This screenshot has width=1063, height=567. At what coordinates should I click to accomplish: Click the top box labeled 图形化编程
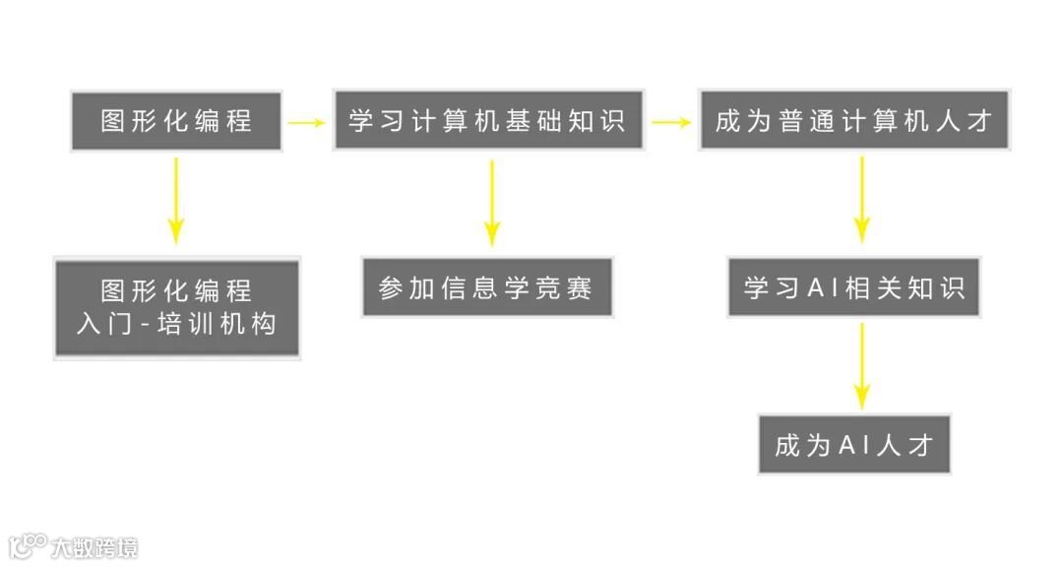177,121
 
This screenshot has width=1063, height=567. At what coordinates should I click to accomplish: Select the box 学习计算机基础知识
487,121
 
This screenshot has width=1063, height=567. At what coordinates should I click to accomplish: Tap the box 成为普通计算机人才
854,121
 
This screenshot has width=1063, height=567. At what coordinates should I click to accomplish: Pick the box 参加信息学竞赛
487,287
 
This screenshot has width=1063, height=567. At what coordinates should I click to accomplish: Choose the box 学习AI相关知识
854,287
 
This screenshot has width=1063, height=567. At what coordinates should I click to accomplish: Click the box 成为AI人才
854,444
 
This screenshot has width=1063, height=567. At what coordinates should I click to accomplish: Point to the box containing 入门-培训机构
177,308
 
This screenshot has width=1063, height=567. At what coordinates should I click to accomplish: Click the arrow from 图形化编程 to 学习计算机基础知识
306,122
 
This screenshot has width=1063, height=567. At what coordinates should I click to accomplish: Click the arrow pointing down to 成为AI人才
862,365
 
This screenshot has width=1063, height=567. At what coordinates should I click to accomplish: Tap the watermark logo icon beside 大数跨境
28,545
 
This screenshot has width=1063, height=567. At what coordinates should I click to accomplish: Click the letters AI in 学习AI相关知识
822,287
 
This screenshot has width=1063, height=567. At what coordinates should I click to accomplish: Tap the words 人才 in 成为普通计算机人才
965,121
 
